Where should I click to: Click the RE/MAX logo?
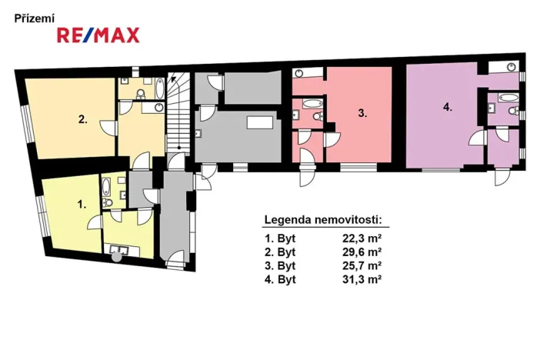pyautogui.click(x=97, y=34)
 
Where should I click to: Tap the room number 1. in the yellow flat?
pyautogui.click(x=81, y=205)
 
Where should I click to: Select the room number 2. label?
pyautogui.click(x=82, y=118)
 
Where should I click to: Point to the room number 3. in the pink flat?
pyautogui.click(x=362, y=112)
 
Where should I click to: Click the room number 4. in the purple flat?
pyautogui.click(x=448, y=108)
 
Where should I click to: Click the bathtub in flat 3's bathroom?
pyautogui.click(x=312, y=102)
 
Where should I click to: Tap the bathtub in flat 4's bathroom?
pyautogui.click(x=507, y=97)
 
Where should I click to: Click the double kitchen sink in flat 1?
pyautogui.click(x=120, y=249)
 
